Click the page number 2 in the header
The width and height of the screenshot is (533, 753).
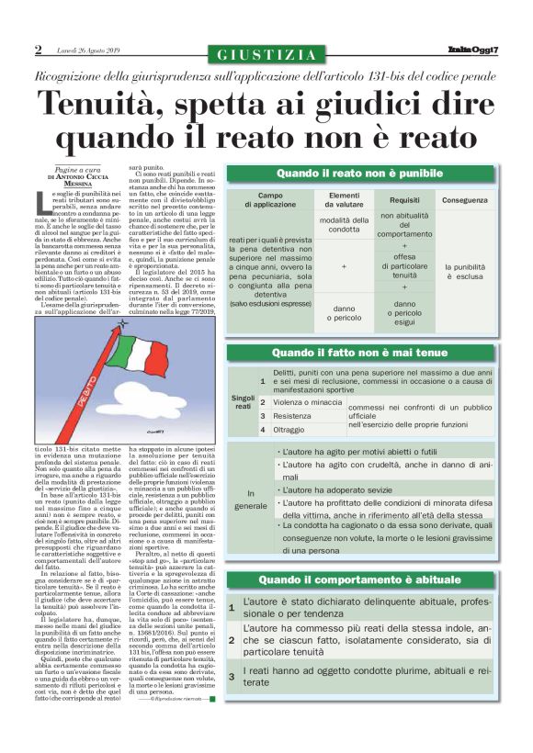[x=39, y=50]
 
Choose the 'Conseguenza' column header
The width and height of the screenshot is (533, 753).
[x=465, y=200]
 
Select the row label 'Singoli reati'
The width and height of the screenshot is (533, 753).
[x=243, y=401]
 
